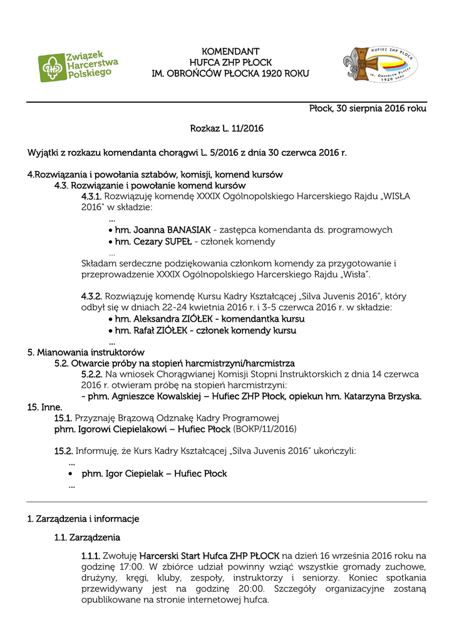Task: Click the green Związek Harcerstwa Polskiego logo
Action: coord(78,66)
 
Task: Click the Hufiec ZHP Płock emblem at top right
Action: coord(380,65)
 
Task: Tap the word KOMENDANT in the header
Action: coord(230,51)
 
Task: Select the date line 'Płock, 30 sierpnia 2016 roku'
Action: coord(368,108)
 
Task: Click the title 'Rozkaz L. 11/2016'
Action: coord(227,128)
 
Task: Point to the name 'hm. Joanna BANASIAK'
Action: coord(163,230)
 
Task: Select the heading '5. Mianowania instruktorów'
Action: coord(86,352)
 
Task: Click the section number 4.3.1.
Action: coord(91,196)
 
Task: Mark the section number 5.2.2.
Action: coord(91,374)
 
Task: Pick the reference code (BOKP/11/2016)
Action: coord(265,429)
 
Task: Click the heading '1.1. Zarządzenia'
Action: coord(87,537)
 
